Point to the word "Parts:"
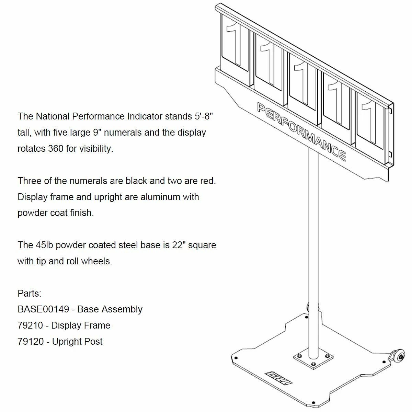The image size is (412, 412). point(30,294)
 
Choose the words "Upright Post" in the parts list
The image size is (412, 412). point(77,342)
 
